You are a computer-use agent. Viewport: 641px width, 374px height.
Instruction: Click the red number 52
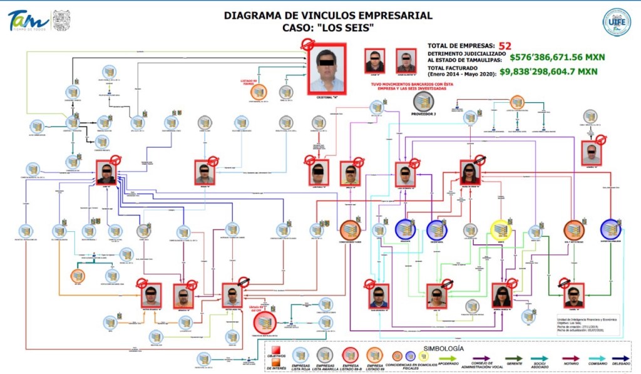pos(505,45)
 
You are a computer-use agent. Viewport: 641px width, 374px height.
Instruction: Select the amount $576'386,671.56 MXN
pos(553,56)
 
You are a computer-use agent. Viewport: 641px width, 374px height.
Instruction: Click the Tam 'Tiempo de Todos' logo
pos(25,21)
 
